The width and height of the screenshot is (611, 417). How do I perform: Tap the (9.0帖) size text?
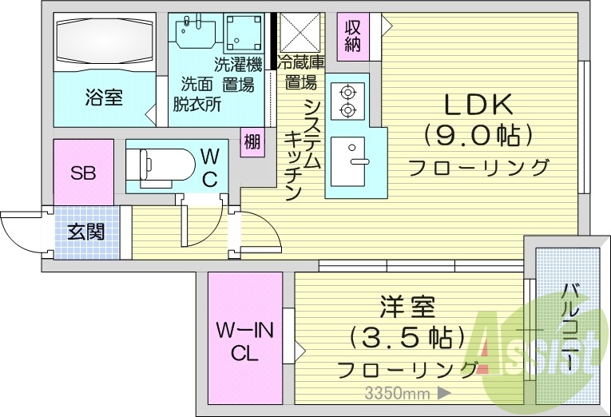(x=478, y=135)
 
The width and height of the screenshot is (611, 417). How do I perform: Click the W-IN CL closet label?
(x=244, y=341)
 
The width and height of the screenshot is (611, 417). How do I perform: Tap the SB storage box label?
(x=83, y=173)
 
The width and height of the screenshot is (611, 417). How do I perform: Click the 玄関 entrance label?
(x=85, y=232)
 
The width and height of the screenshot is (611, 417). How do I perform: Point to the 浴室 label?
(x=104, y=98)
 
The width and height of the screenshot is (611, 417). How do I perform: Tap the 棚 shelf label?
(x=252, y=142)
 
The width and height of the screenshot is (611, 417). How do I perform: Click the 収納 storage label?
(x=352, y=35)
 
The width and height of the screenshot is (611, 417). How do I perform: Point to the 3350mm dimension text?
(x=395, y=393)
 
